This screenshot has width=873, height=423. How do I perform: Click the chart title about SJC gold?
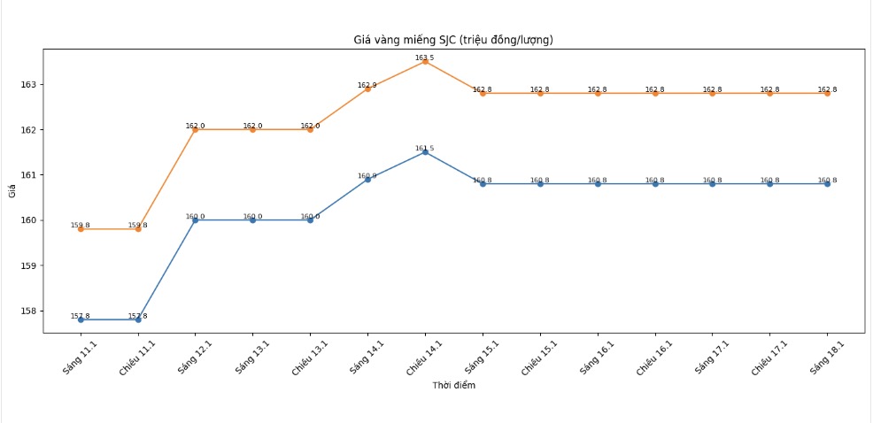(453, 40)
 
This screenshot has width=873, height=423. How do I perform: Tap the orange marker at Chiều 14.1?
(425, 62)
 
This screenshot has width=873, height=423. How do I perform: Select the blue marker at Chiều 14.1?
(425, 152)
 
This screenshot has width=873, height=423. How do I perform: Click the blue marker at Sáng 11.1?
(81, 319)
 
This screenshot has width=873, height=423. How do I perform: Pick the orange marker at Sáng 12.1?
(195, 130)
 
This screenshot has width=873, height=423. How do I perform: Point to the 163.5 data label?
(425, 58)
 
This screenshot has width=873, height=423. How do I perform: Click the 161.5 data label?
(425, 148)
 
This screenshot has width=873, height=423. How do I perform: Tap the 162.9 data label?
(367, 85)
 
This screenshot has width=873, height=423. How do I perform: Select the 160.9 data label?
(367, 175)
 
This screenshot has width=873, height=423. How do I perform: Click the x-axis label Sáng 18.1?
(822, 358)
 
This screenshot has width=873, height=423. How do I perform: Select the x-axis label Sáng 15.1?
(477, 358)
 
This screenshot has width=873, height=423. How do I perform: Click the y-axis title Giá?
(12, 190)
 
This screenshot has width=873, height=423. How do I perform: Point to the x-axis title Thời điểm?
(453, 386)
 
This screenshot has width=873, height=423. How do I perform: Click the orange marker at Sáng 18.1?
(827, 93)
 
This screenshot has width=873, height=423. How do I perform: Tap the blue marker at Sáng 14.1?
(367, 180)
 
